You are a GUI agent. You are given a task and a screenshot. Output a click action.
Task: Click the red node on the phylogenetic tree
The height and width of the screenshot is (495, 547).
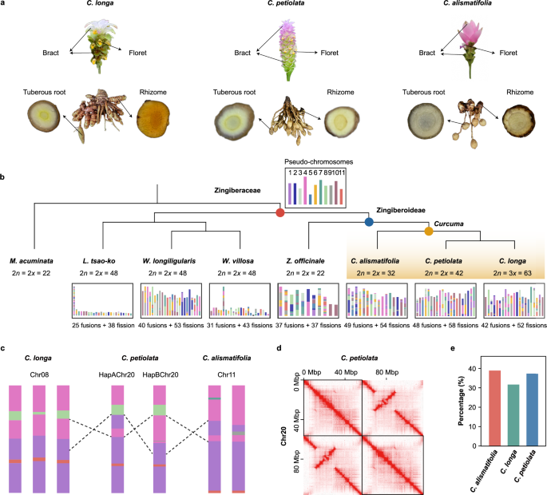280,212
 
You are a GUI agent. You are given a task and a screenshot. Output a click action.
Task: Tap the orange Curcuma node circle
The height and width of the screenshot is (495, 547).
428,232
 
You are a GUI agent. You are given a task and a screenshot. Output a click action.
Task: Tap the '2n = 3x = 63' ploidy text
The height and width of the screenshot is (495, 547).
511,273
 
